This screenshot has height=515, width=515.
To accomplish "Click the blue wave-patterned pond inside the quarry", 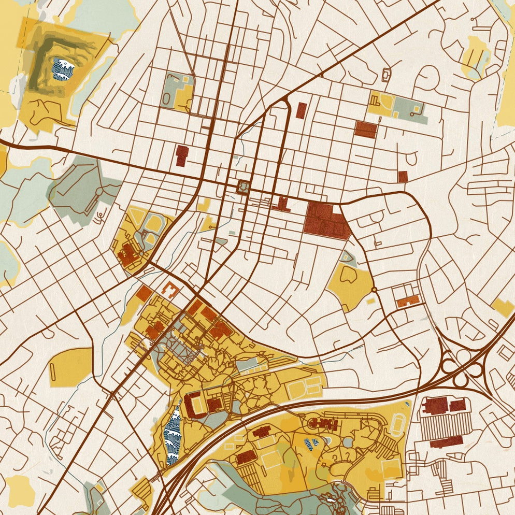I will [64, 69].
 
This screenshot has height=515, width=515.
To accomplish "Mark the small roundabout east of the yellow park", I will [374, 289].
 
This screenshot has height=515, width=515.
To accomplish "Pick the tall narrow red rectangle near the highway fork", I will [302, 110].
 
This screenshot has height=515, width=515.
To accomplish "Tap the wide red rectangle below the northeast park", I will [366, 129].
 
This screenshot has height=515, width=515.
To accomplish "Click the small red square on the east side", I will [403, 177].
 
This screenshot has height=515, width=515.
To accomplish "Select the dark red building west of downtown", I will [182, 155].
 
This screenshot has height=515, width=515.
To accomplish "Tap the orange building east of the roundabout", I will [409, 301].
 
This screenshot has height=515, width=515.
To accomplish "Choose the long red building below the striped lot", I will [446, 441].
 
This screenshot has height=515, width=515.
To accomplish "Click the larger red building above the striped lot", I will [436, 405].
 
